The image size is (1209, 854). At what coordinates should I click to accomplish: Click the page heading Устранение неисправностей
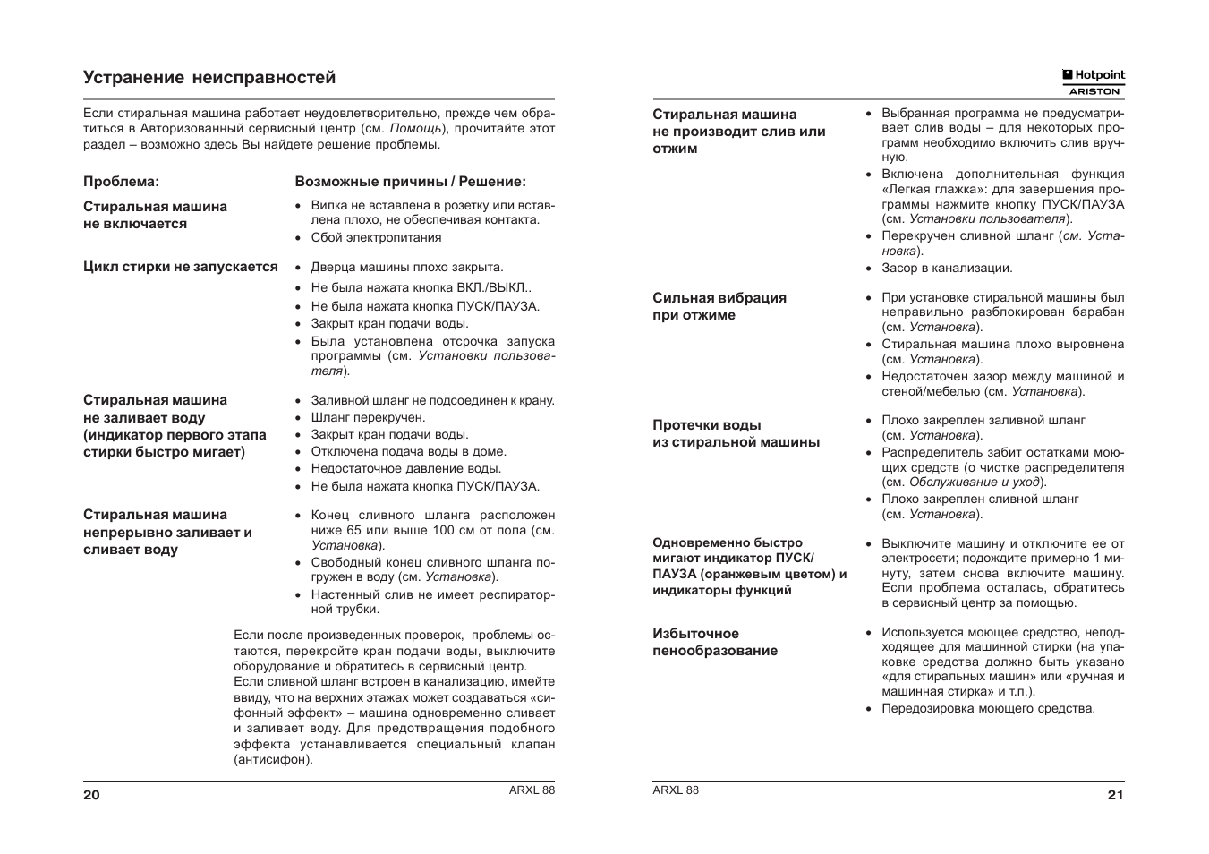click(x=209, y=78)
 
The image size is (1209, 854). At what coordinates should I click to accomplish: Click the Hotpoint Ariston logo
click(x=1093, y=82)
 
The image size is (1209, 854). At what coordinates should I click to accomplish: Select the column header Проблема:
click(x=121, y=182)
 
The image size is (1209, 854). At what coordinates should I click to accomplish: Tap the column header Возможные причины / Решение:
click(x=410, y=182)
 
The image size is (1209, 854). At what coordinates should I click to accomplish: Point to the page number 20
click(x=91, y=795)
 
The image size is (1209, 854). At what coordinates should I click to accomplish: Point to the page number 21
click(x=1115, y=795)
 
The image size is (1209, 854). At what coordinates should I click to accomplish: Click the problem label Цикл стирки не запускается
click(x=181, y=267)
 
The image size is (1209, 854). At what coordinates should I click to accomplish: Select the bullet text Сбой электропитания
click(x=376, y=237)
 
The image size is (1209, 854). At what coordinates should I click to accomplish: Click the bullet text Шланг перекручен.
click(x=368, y=417)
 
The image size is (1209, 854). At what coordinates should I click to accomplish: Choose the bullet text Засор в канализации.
click(x=947, y=268)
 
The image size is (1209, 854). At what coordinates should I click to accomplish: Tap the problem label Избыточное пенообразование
click(x=715, y=642)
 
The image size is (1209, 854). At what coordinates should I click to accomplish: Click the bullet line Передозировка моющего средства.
click(x=988, y=708)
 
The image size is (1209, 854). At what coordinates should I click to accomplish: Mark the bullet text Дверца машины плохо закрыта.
click(x=407, y=267)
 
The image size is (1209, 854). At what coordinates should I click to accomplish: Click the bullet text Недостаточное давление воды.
click(x=405, y=468)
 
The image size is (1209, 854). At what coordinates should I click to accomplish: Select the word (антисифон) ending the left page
click(x=274, y=759)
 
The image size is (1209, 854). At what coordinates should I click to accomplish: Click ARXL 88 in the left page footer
click(x=532, y=790)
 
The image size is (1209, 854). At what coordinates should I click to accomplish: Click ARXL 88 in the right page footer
click(x=676, y=790)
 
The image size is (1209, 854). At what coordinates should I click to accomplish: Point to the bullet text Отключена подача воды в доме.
click(x=408, y=451)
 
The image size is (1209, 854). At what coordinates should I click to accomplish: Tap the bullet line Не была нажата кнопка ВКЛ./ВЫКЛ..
click(x=421, y=287)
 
